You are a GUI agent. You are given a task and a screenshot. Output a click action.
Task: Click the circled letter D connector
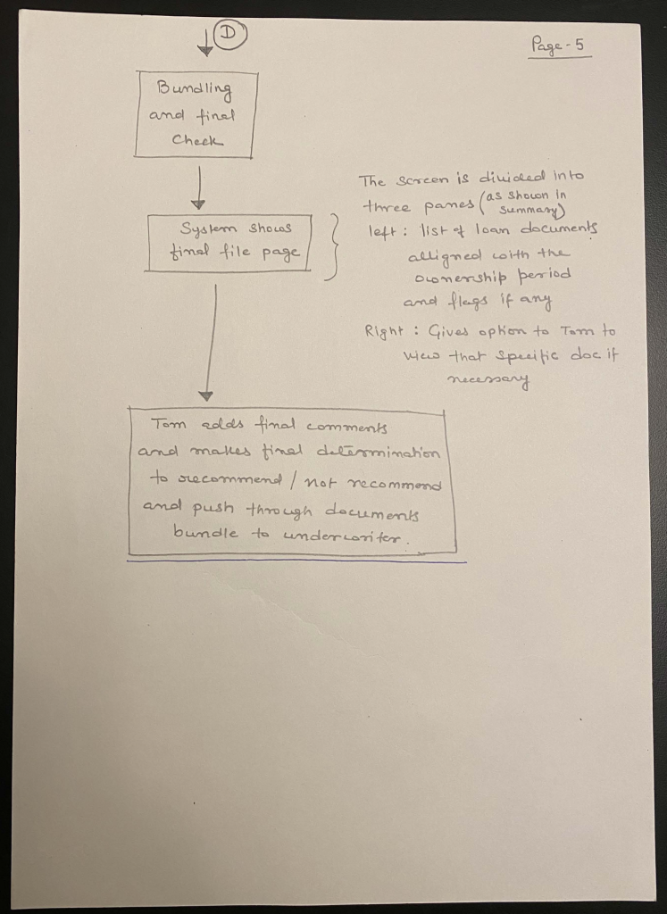229,35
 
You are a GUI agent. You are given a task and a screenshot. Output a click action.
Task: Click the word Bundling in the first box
194,89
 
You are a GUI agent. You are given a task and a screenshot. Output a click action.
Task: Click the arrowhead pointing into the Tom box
206,395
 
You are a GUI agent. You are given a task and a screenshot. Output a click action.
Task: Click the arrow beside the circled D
206,39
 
